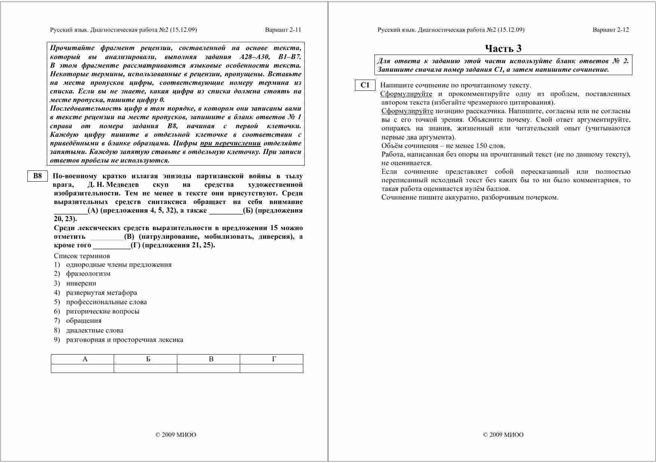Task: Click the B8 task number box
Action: pyautogui.click(x=37, y=176)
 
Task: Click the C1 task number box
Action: pyautogui.click(x=365, y=85)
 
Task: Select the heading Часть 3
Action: pyautogui.click(x=503, y=49)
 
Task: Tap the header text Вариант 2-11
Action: pyautogui.click(x=283, y=30)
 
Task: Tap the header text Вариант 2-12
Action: pyautogui.click(x=610, y=30)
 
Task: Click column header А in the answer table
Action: pyautogui.click(x=85, y=359)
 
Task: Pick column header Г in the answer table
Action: pyautogui.click(x=274, y=359)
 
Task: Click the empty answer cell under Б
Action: pyautogui.click(x=145, y=368)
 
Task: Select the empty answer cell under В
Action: pyautogui.click(x=208, y=368)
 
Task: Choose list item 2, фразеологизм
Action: pyautogui.click(x=88, y=274)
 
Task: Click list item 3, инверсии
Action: pyautogui.click(x=81, y=283)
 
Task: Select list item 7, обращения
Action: pyautogui.click(x=84, y=321)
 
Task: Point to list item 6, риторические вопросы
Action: pyautogui.click(x=102, y=311)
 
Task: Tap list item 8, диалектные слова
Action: pyautogui.click(x=95, y=330)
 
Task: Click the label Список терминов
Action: pyautogui.click(x=82, y=256)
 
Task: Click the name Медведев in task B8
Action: pyautogui.click(x=122, y=185)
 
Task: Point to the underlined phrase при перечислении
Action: pyautogui.click(x=230, y=143)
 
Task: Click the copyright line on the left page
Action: pyautogui.click(x=176, y=435)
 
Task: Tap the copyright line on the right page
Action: pyautogui.click(x=503, y=435)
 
